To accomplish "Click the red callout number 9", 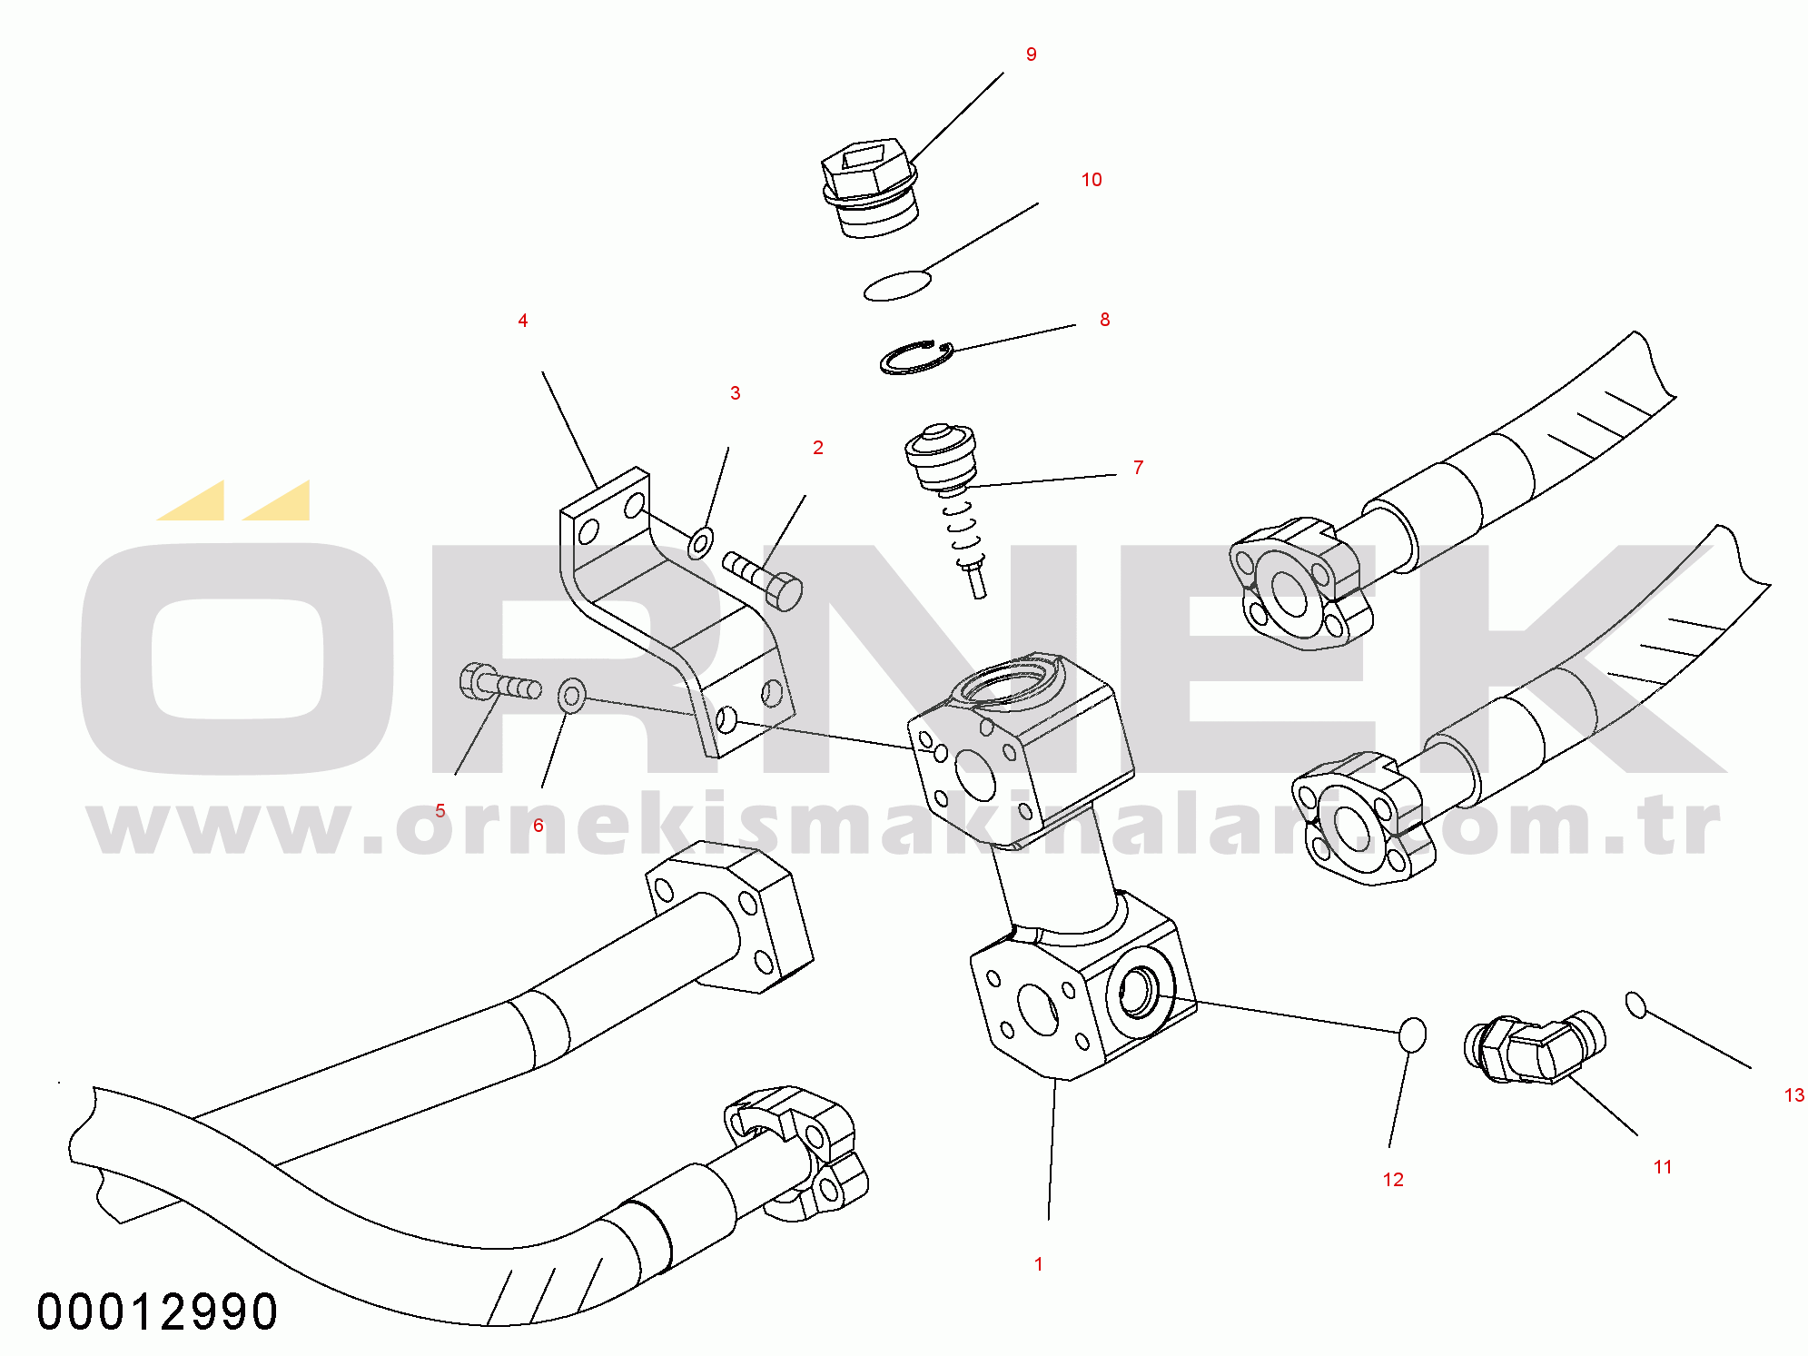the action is click(x=1031, y=54).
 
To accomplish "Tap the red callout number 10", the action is click(x=1092, y=180).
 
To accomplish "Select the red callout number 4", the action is click(x=522, y=321).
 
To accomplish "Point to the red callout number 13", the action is click(x=1794, y=1095).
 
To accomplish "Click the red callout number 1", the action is click(x=1039, y=1264).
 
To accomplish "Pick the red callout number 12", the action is click(x=1393, y=1180).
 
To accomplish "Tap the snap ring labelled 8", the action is click(x=916, y=357).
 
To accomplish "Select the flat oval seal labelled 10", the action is click(x=897, y=284).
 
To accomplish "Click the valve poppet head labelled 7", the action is click(x=941, y=455).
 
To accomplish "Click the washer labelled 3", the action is click(x=700, y=542).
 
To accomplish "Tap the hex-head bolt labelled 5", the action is click(x=500, y=683).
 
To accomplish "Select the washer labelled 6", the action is click(x=571, y=696).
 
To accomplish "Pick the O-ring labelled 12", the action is click(x=1412, y=1034).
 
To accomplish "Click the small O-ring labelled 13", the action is click(x=1635, y=1005).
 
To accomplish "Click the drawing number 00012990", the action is click(x=157, y=1312).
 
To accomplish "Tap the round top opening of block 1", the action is click(x=1008, y=682).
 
